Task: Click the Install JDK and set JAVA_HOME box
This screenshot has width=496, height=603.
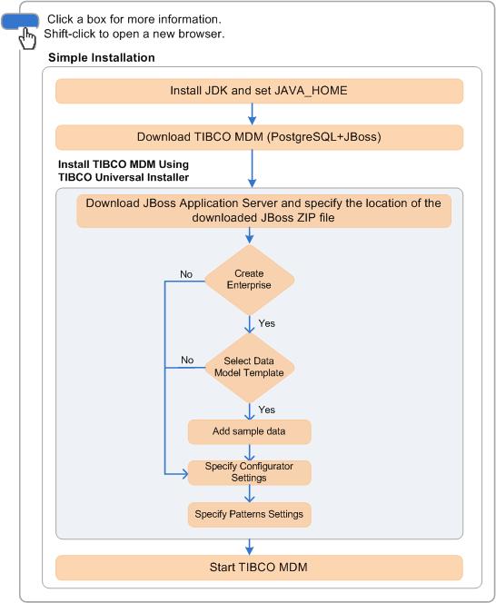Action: (259, 91)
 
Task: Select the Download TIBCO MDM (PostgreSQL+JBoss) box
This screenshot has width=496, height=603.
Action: (259, 137)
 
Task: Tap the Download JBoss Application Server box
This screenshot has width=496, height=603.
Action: (264, 211)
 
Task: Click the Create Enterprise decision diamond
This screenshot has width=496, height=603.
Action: (249, 280)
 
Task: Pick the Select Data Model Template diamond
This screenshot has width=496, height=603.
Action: (249, 367)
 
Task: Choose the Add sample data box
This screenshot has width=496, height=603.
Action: (249, 431)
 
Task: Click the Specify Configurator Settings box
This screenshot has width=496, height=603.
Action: (249, 472)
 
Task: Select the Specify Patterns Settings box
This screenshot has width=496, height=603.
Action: (249, 515)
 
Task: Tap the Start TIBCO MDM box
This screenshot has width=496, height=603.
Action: (259, 568)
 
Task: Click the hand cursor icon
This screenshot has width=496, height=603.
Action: (27, 38)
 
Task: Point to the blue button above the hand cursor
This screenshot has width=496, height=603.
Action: (20, 21)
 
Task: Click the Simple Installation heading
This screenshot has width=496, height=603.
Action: (102, 58)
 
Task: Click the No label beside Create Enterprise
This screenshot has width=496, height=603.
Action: (186, 274)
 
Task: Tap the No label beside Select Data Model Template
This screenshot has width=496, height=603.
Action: (187, 360)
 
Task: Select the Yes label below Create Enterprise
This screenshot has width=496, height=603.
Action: (267, 323)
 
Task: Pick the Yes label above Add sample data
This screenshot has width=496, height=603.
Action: (267, 410)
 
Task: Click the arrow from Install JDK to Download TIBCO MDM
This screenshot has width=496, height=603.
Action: (252, 114)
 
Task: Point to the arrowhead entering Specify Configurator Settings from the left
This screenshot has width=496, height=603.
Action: (184, 474)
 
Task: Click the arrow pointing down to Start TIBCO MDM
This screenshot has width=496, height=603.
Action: (249, 547)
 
